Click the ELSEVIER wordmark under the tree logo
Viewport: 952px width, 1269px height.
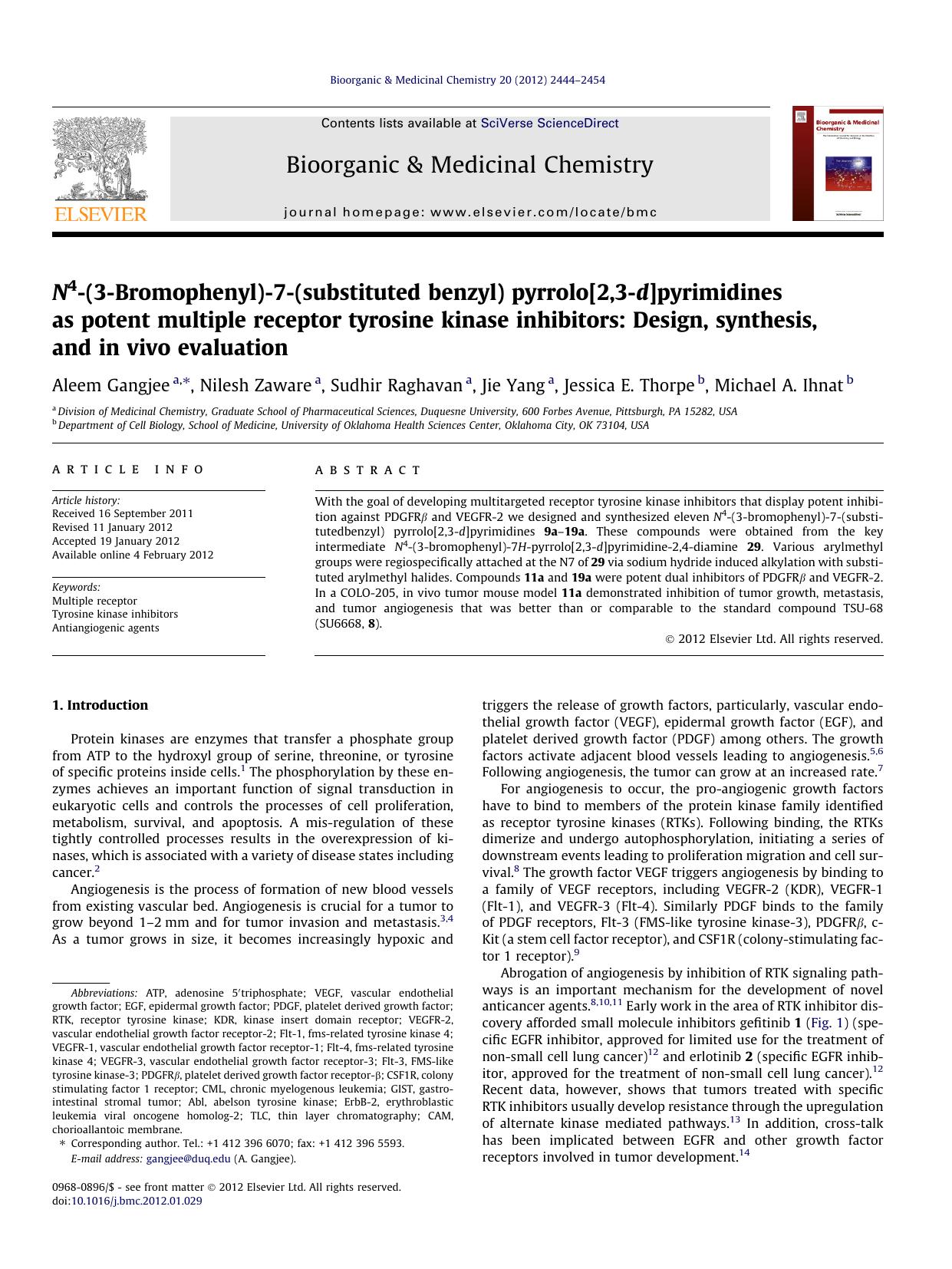pyautogui.click(x=100, y=215)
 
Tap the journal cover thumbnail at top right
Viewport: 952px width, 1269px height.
pyautogui.click(x=838, y=163)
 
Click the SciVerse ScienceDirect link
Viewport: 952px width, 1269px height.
pyautogui.click(x=549, y=124)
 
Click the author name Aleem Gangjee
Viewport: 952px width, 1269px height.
pyautogui.click(x=110, y=385)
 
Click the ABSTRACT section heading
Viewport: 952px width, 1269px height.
pyautogui.click(x=368, y=470)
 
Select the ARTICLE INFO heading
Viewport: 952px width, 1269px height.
pyautogui.click(x=128, y=470)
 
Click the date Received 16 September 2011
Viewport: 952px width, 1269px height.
pyautogui.click(x=123, y=514)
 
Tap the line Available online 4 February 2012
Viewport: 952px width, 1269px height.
pyautogui.click(x=133, y=555)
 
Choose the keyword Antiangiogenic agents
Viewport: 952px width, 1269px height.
pyautogui.click(x=106, y=628)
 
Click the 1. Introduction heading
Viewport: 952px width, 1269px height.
pyautogui.click(x=100, y=705)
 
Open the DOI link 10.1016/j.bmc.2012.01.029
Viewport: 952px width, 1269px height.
pyautogui.click(x=137, y=1201)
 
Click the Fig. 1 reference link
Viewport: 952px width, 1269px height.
pyautogui.click(x=827, y=1023)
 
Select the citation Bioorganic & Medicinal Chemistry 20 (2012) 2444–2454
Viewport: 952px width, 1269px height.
pyautogui.click(x=467, y=80)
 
